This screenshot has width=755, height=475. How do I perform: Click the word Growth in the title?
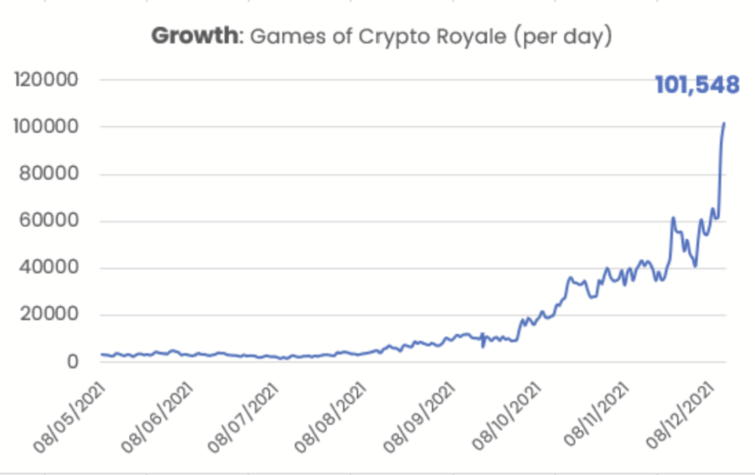(x=194, y=36)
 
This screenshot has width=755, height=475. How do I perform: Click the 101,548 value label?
(x=696, y=85)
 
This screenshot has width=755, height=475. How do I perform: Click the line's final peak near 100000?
(x=724, y=124)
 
